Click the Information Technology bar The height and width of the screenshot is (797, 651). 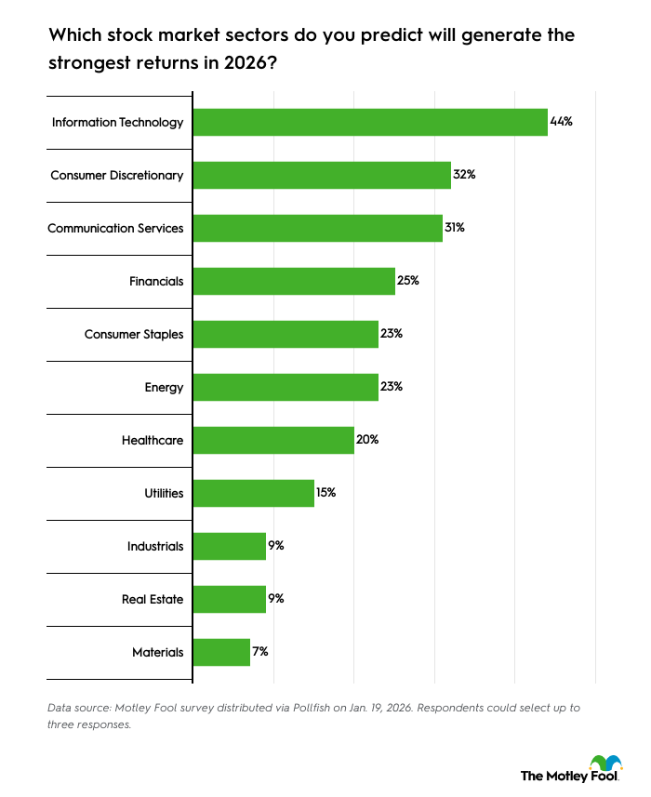coord(369,122)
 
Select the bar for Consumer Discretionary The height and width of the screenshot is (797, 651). coord(321,175)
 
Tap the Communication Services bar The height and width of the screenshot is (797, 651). coord(317,228)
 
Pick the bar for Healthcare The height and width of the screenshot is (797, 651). coord(272,440)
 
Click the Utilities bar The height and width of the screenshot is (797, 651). coord(253,493)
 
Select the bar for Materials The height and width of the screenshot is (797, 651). coord(221,652)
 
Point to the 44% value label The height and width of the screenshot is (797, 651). coord(562,122)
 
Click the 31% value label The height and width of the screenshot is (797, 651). coord(456,228)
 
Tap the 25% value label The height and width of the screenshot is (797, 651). coord(408,281)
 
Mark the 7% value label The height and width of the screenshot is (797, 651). coord(262,652)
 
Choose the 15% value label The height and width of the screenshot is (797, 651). coord(326,493)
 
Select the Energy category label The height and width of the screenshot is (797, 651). coord(164,387)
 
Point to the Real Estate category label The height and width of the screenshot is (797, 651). coord(153,599)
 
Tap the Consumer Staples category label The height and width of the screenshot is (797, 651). coord(134,334)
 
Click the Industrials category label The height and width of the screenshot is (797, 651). coord(155,546)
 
